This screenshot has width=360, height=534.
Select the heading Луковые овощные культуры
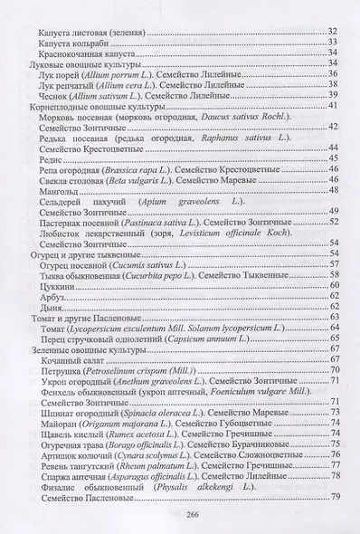coord(71,64)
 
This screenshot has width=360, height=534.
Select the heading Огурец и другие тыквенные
coord(71,253)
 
